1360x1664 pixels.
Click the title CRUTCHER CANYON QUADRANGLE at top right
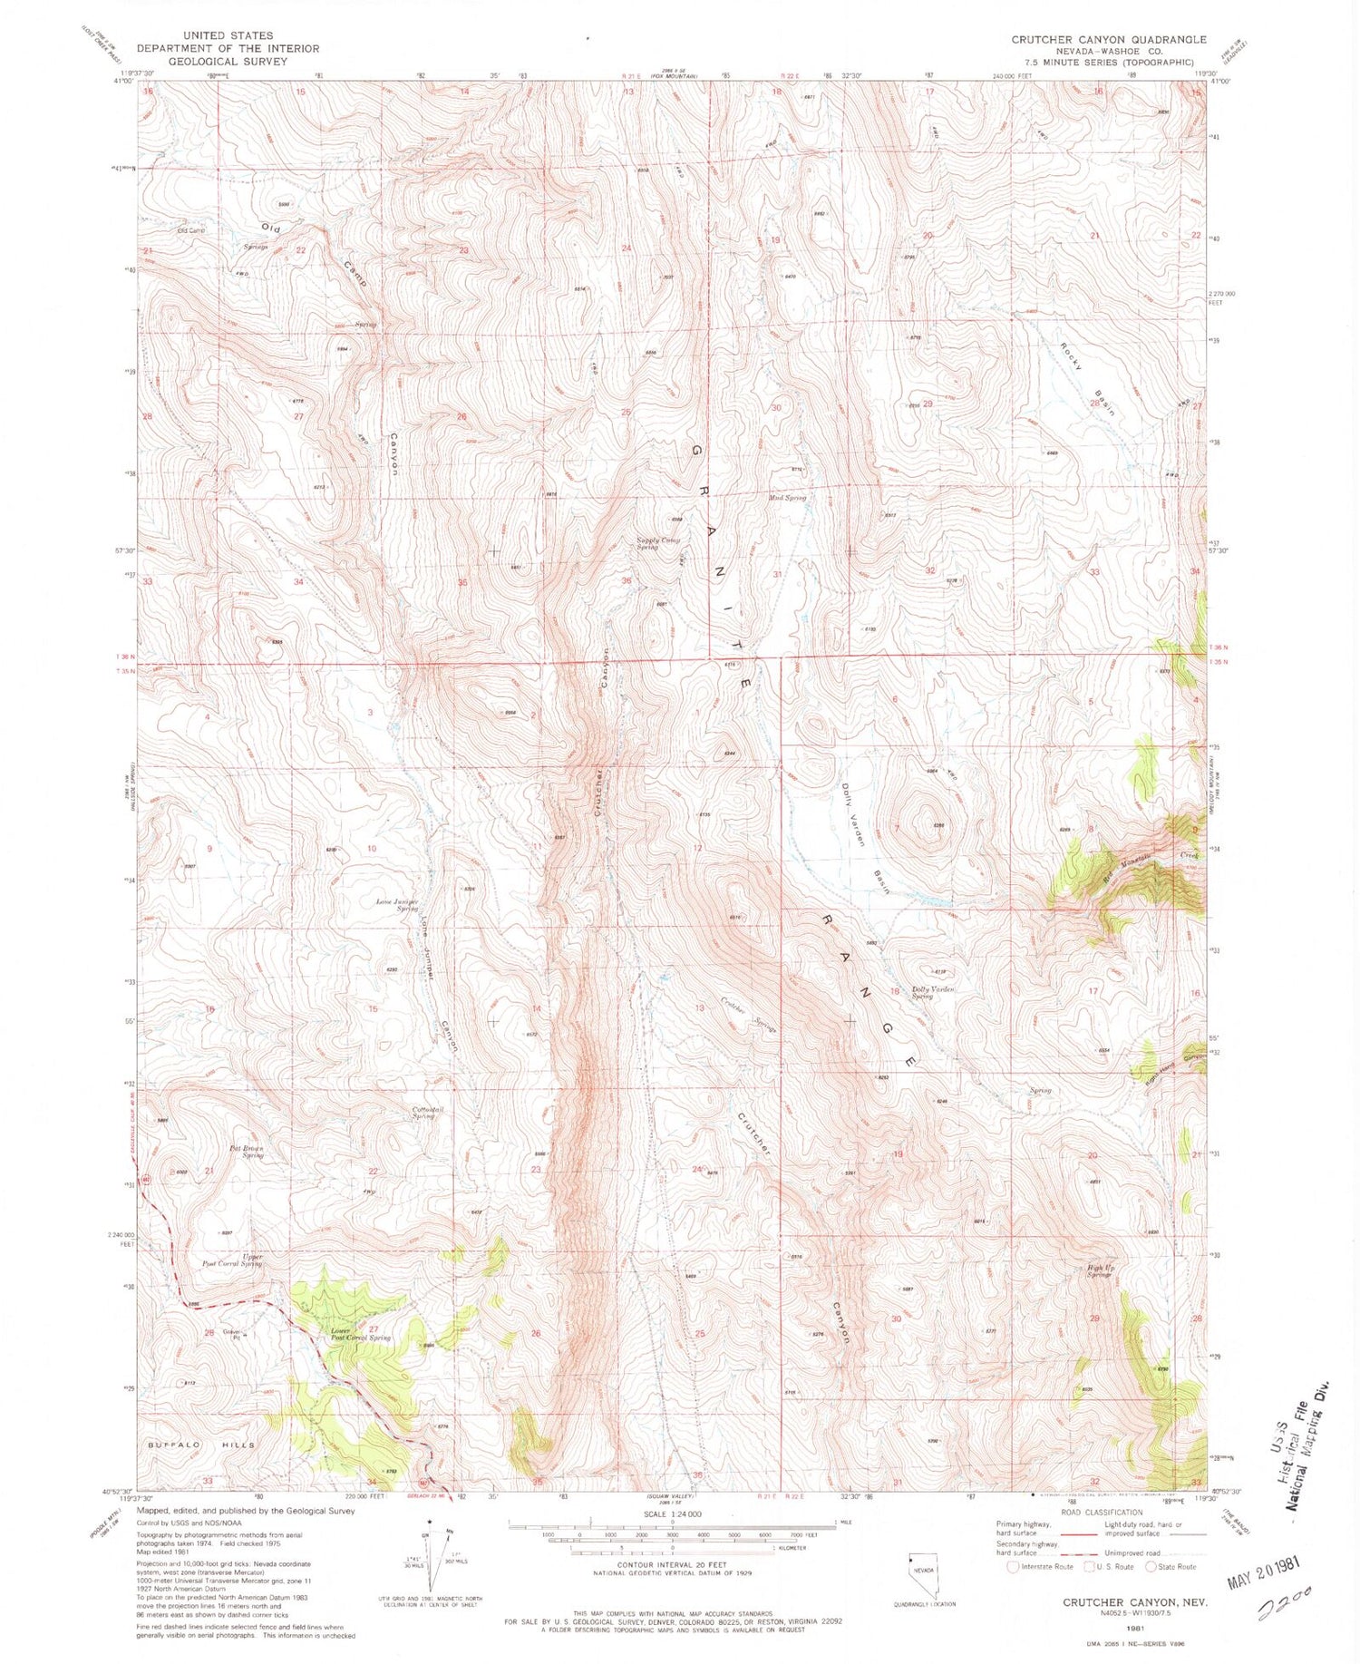pyautogui.click(x=1108, y=39)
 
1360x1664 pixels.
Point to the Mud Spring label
pyautogui.click(x=787, y=498)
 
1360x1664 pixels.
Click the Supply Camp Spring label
pyautogui.click(x=658, y=543)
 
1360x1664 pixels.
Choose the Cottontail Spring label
pyautogui.click(x=423, y=1113)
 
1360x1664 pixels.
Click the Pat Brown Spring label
pyautogui.click(x=246, y=1152)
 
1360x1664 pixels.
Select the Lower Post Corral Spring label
pyautogui.click(x=360, y=1334)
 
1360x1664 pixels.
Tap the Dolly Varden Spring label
pyautogui.click(x=934, y=992)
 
